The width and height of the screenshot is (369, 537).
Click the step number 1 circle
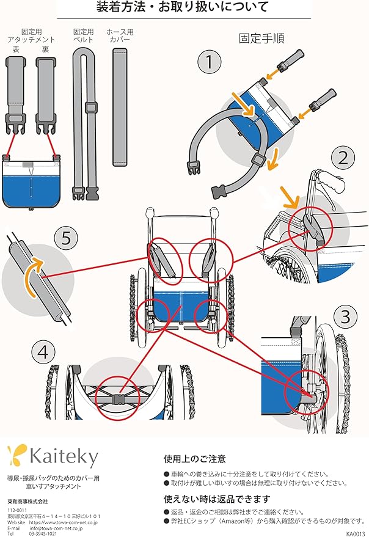coord(209,62)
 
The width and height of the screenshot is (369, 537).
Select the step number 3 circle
coord(346,316)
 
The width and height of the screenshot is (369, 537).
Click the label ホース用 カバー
coord(120,35)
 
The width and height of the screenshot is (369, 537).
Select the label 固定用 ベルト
coord(83,35)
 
